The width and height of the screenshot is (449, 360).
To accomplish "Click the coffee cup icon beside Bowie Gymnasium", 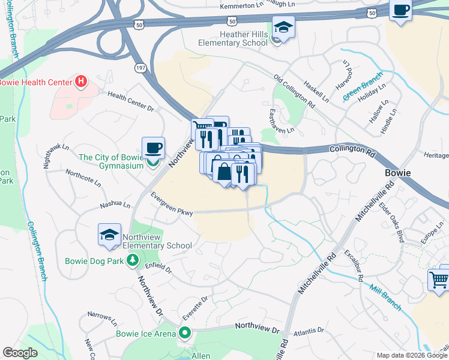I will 153,147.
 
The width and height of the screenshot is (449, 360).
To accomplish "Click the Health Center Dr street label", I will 131,100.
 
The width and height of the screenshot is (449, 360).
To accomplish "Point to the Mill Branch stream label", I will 385,297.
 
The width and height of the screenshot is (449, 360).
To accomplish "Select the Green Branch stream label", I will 363,88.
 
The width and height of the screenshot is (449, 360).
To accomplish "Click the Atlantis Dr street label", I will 308,331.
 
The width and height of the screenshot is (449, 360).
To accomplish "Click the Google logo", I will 20,353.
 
